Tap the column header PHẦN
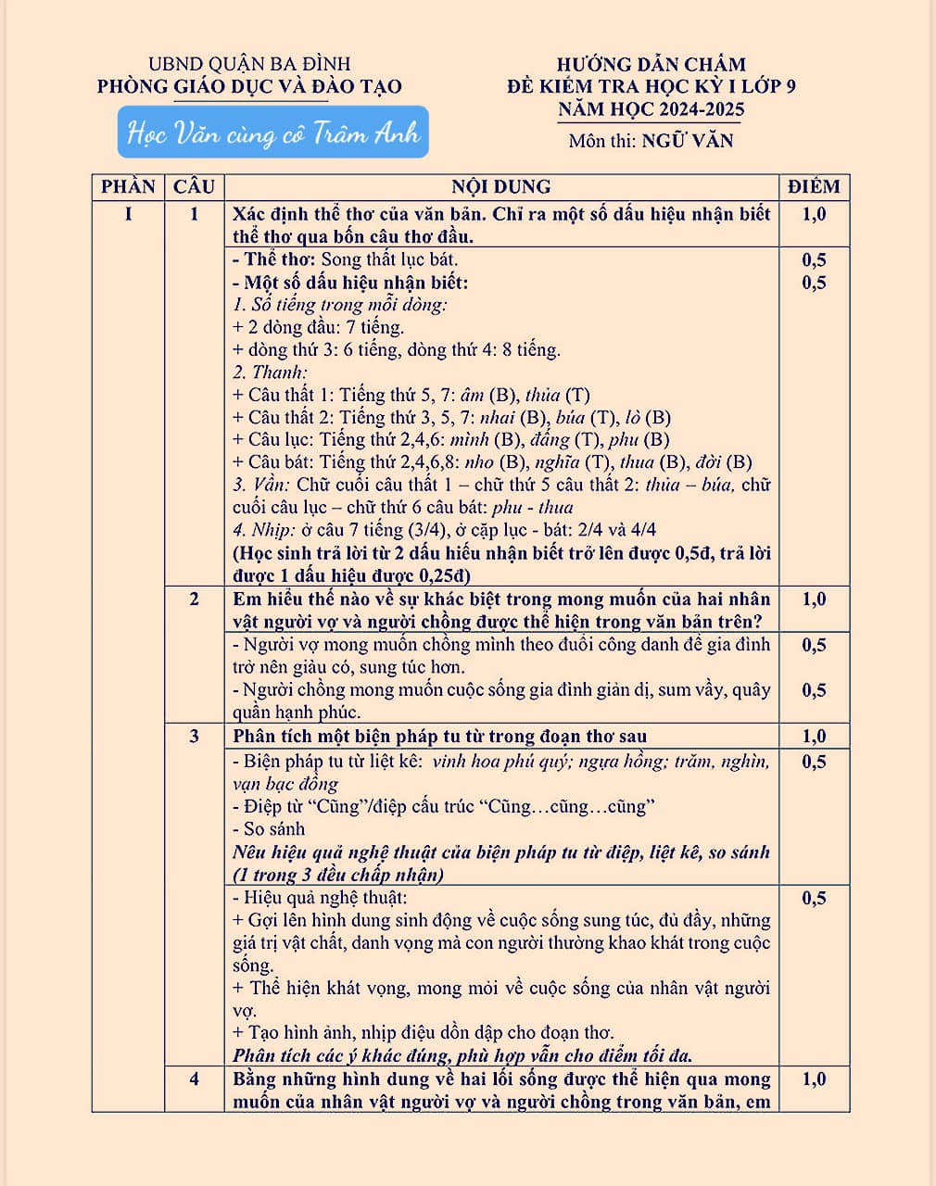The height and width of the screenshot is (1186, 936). tap(128, 186)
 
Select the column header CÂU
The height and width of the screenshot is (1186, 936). tap(194, 186)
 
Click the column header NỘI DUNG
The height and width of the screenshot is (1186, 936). tap(500, 186)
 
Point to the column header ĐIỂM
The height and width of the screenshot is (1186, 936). tap(814, 186)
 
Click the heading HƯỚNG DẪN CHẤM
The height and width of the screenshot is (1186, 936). tap(651, 64)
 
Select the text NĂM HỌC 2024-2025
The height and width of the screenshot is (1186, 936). tap(651, 110)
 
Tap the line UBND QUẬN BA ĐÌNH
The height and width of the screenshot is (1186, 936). tap(249, 64)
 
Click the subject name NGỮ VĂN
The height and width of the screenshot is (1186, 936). tap(687, 141)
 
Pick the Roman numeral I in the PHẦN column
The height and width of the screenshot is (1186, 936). tap(128, 214)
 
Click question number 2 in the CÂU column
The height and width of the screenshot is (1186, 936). tap(194, 599)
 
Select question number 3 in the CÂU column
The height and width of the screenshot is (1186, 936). tap(194, 737)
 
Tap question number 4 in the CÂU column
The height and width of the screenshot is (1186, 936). tap(194, 1079)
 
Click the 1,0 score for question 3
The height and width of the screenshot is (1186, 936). tap(814, 737)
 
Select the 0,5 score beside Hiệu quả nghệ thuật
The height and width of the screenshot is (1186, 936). tap(814, 898)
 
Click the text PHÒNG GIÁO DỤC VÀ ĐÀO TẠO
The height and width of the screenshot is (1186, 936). tap(249, 87)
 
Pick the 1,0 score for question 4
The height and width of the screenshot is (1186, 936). tap(814, 1079)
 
